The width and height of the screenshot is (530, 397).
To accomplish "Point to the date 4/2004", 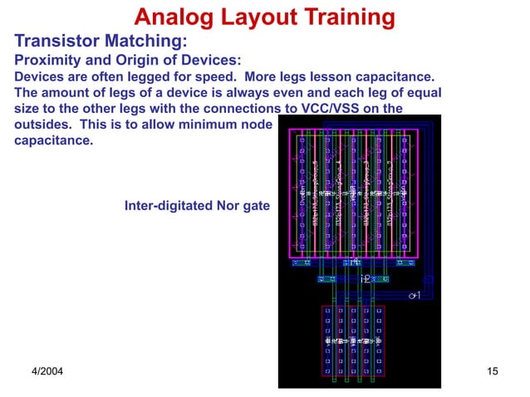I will pyautogui.click(x=47, y=370).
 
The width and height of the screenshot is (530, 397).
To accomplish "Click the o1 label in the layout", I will pyautogui.click(x=415, y=296).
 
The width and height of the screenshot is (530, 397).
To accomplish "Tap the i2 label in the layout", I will pyautogui.click(x=366, y=279).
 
